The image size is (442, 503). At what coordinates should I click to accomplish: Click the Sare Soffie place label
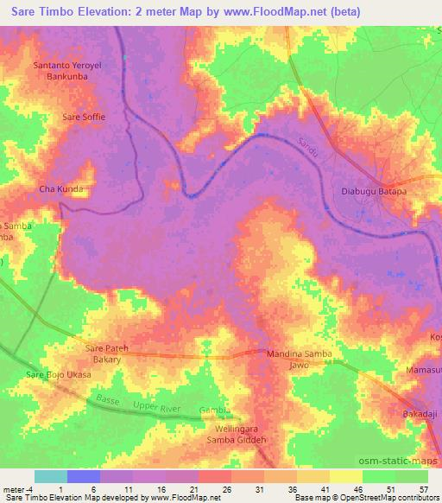[82, 116]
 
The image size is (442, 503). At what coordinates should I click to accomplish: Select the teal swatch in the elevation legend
[51, 476]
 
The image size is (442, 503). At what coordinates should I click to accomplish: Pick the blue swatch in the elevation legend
[84, 476]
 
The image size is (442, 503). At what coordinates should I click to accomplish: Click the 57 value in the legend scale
[423, 489]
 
